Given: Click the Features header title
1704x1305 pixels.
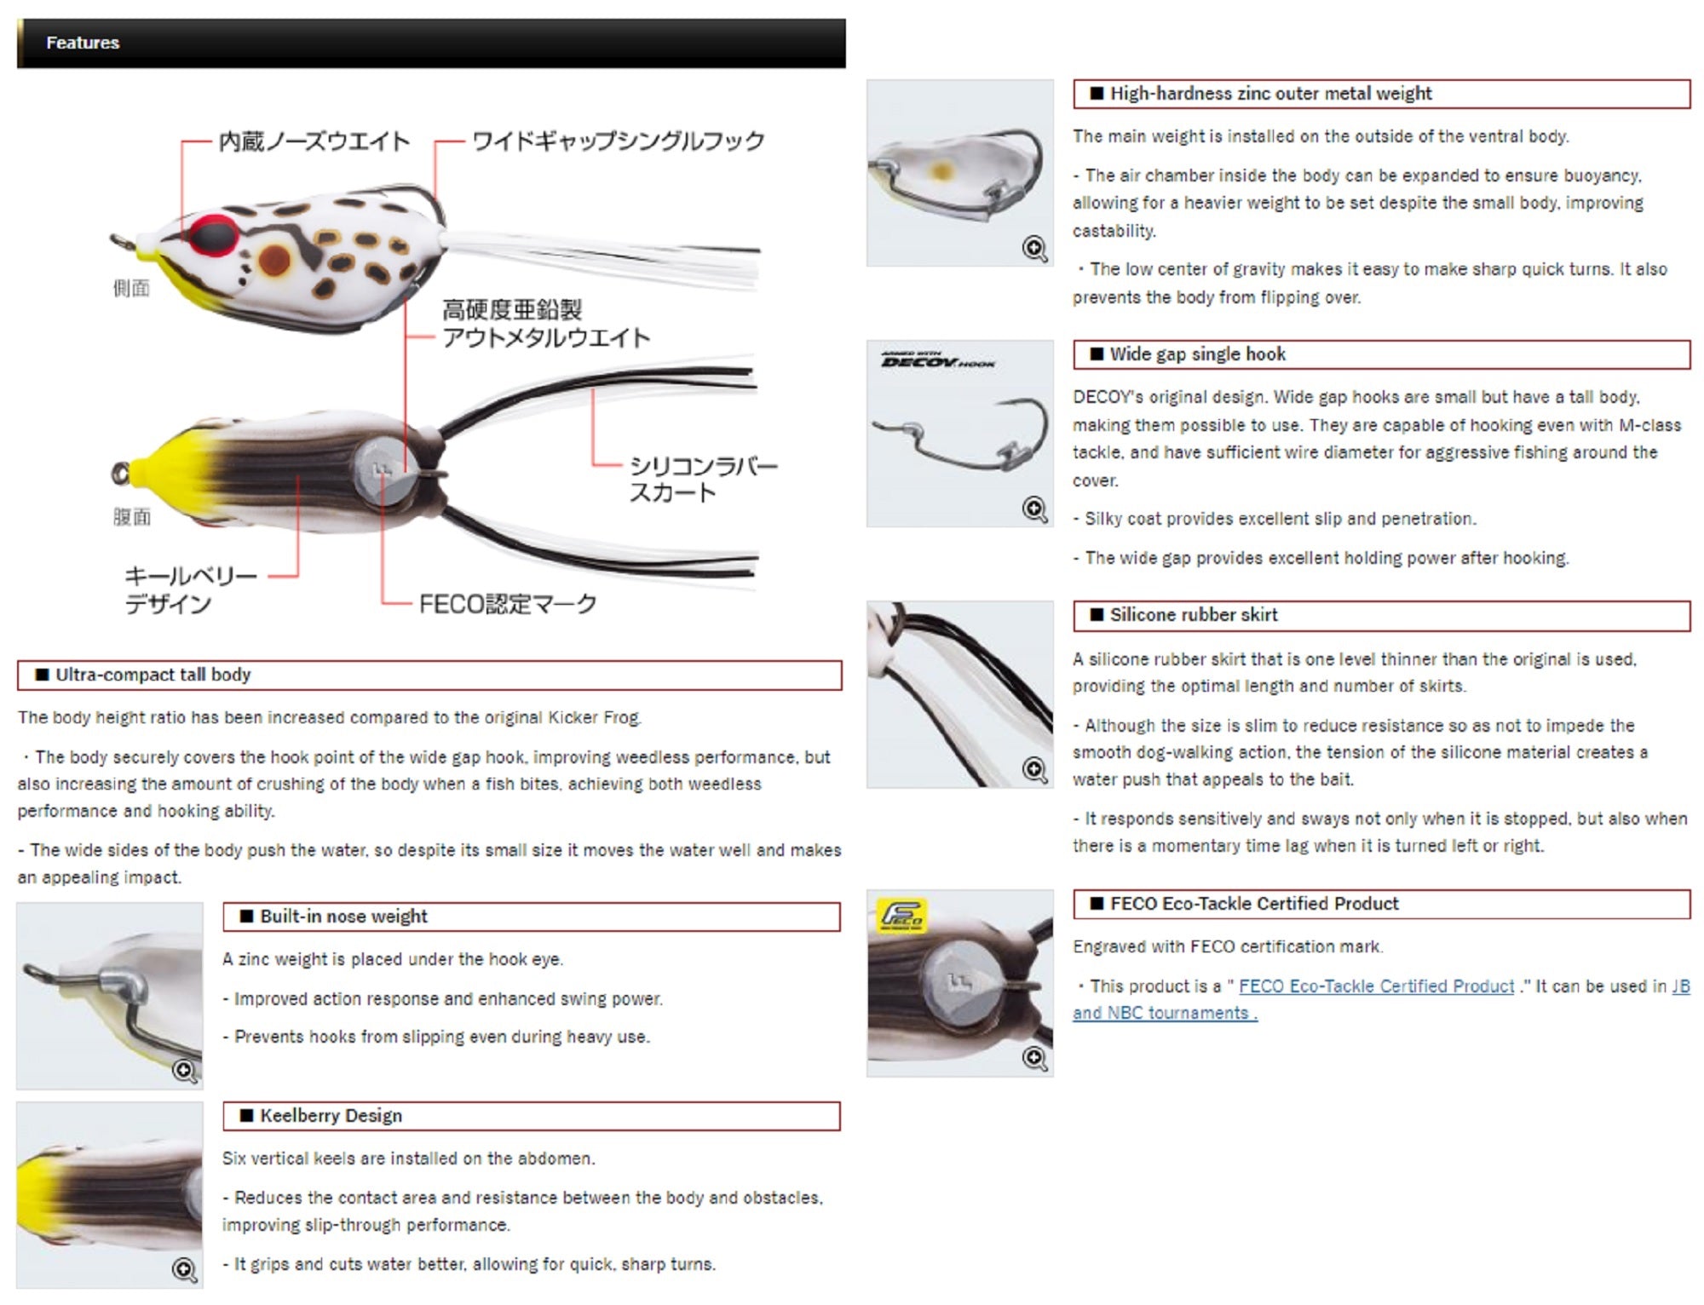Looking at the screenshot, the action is (x=83, y=43).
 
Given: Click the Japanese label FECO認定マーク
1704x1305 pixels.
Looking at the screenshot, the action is (x=508, y=604).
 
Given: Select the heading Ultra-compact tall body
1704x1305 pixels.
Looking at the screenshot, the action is (x=153, y=675).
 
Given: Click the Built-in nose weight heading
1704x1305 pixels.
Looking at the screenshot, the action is (x=343, y=917).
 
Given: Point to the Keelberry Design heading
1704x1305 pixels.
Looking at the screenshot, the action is (x=331, y=1116).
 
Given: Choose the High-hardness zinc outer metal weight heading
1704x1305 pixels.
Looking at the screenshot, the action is (x=1270, y=94).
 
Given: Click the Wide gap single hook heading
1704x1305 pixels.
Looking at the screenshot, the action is (x=1197, y=354).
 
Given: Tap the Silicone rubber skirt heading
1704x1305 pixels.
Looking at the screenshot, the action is (x=1194, y=615).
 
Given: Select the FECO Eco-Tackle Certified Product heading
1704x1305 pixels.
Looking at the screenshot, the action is (x=1254, y=904).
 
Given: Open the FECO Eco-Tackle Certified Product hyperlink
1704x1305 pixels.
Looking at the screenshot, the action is (x=1377, y=986).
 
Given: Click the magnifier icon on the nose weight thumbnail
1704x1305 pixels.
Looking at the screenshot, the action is (x=185, y=1070).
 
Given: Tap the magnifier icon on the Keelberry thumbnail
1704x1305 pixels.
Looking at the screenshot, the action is (x=185, y=1270).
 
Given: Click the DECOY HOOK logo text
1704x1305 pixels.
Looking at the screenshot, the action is (x=938, y=361).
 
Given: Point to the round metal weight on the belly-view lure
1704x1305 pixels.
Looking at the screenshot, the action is (x=389, y=469).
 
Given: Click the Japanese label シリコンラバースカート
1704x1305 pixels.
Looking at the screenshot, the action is (x=703, y=479).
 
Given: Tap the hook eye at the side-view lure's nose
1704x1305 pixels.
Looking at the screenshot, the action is (x=120, y=242).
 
